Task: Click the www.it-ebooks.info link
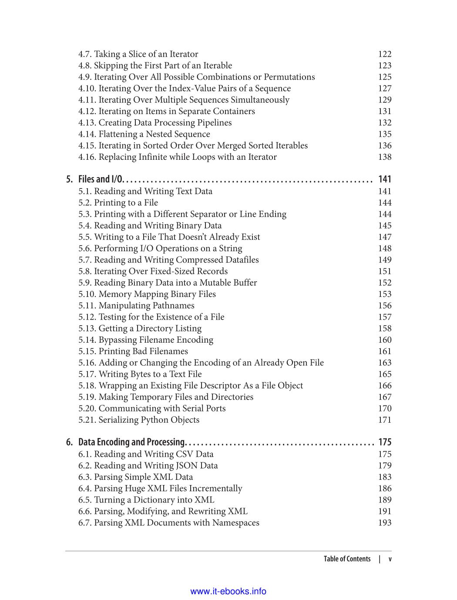point(228,591)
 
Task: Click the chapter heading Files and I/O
point(101,179)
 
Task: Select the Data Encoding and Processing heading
point(131,442)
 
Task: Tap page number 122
point(385,54)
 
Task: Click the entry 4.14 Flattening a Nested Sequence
point(144,134)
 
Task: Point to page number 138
point(385,157)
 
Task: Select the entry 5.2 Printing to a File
point(118,202)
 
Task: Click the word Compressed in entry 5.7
point(200,260)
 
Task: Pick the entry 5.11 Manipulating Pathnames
point(136,306)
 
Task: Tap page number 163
point(385,363)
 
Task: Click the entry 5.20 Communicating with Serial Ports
point(152,408)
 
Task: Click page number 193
point(385,522)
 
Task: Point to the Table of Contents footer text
point(347,559)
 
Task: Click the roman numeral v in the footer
point(390,559)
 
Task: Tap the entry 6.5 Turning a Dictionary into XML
point(146,500)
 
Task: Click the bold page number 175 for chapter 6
point(385,442)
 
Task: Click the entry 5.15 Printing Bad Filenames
point(133,351)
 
